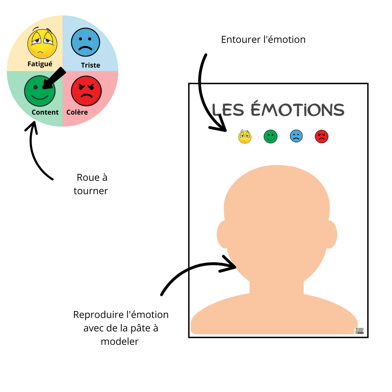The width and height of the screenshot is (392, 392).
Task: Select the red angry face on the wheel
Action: (x=86, y=91)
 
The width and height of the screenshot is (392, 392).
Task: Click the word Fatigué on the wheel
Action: (x=40, y=64)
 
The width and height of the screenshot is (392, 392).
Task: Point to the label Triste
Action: (x=90, y=65)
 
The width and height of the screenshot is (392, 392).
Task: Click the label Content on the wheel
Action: (x=45, y=112)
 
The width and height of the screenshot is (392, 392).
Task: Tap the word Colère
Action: (x=77, y=112)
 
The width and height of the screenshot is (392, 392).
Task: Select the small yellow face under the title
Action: (x=245, y=137)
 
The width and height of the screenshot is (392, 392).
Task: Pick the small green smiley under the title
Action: (x=270, y=137)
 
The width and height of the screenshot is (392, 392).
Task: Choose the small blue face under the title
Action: (x=296, y=137)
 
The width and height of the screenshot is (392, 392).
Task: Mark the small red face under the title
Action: (x=322, y=137)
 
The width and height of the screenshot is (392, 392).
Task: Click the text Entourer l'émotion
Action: (x=263, y=40)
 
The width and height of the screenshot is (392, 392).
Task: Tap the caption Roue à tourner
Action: (x=91, y=184)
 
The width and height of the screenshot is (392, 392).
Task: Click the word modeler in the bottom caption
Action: (x=120, y=342)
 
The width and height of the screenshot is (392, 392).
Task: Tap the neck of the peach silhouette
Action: (x=277, y=287)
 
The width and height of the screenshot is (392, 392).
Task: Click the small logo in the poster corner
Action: (x=359, y=330)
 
